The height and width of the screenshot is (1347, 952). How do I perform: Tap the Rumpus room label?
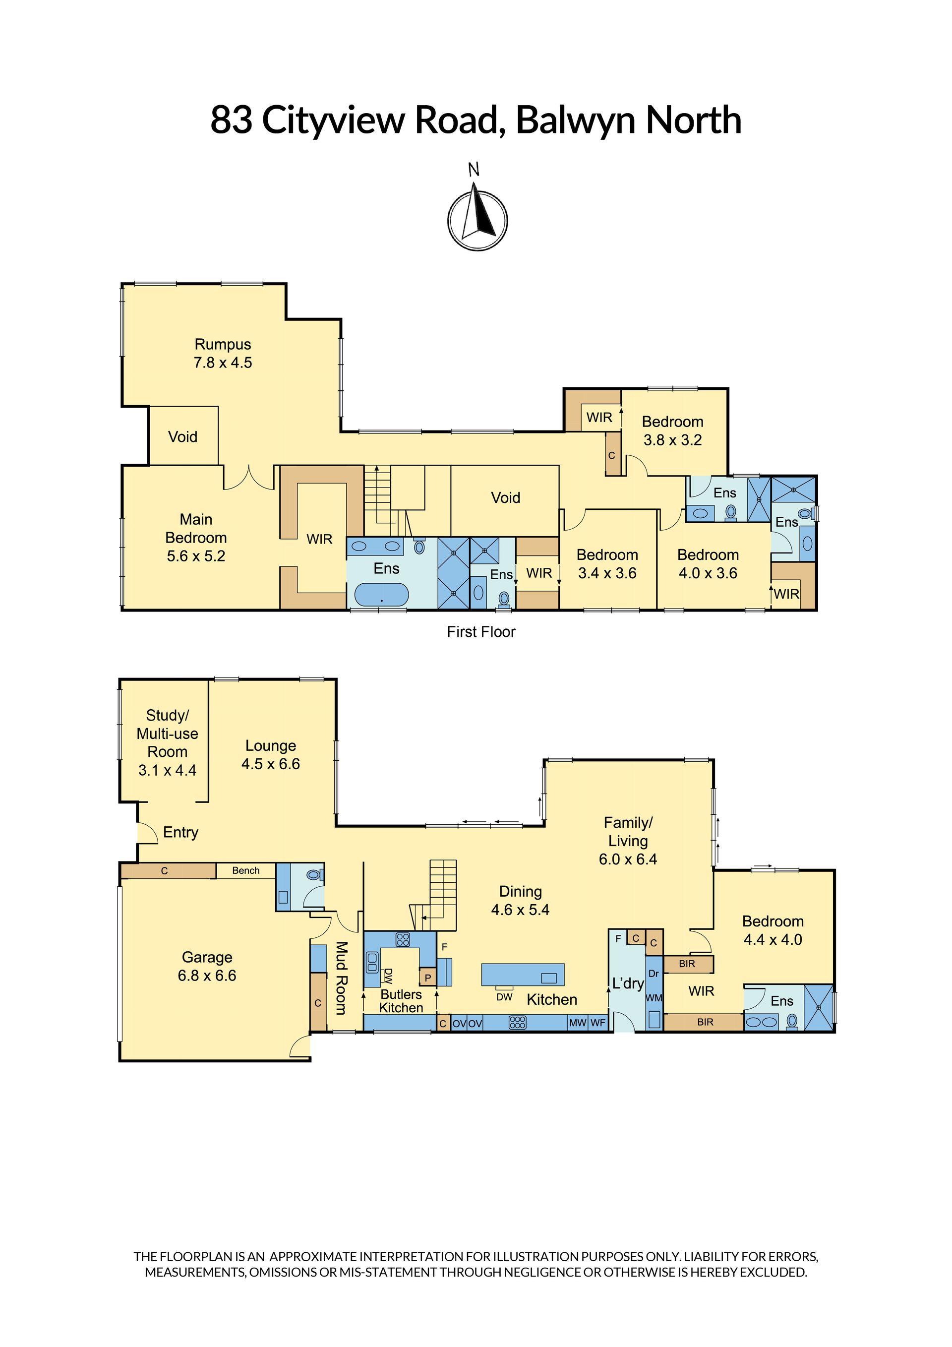pos(223,353)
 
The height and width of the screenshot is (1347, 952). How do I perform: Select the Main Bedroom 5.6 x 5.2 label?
pos(196,538)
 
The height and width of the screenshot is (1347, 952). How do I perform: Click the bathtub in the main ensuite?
pos(381,594)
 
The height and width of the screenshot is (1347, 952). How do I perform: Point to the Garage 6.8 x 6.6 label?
pos(207,966)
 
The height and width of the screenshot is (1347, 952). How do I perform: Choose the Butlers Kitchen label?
pos(401,1001)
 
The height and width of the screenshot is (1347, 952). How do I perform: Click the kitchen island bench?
pos(523,975)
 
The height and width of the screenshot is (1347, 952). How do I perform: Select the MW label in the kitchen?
pos(577,1023)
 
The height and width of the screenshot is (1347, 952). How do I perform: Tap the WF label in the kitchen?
pos(597,1023)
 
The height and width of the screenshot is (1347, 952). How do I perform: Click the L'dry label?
pos(628,983)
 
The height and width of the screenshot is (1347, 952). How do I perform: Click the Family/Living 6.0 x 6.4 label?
pos(628,841)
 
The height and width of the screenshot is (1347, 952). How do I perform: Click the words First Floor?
pos(481,632)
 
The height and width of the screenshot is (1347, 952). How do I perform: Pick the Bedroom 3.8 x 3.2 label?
pos(672,430)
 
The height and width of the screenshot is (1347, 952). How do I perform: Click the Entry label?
pos(180,833)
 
